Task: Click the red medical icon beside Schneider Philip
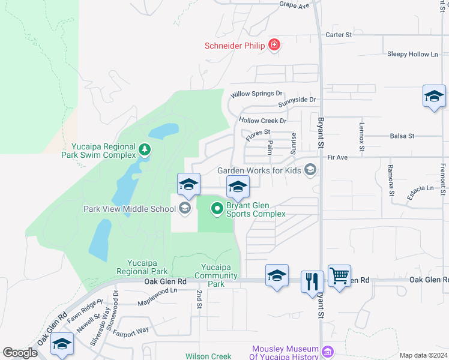coord(274,45)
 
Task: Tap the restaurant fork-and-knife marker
coord(312,280)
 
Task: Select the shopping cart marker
coord(339,276)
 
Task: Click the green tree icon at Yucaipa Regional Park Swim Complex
coord(144,149)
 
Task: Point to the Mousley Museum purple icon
coord(327,352)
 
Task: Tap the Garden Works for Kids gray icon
coord(310,170)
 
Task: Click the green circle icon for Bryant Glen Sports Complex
coord(217,209)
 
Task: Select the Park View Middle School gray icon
coord(185,209)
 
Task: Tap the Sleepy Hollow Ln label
coord(413,54)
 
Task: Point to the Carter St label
coord(338,35)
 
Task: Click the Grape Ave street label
coord(294,5)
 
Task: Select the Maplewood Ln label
coord(157,290)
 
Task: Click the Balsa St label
coord(402,136)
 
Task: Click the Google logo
coord(20,352)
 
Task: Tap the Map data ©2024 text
coord(423,355)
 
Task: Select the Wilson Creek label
coord(208,356)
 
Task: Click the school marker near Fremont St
coord(434,97)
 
